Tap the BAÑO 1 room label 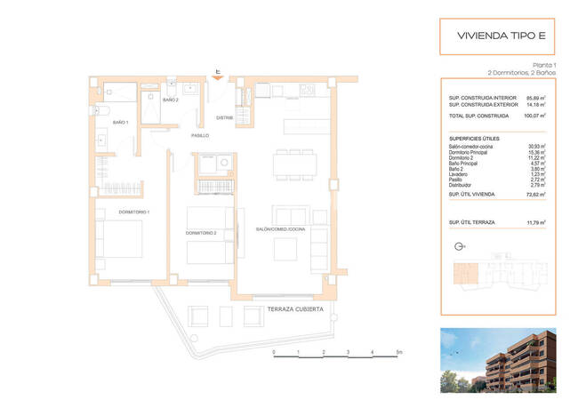tap(121, 122)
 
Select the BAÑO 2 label tap(171, 100)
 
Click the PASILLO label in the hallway tap(200, 135)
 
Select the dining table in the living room tap(291, 164)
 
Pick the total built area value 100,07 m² tap(534, 116)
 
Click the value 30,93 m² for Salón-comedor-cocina tap(535, 146)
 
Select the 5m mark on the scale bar tap(400, 352)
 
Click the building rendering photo tap(498, 360)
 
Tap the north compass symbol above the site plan tap(458, 248)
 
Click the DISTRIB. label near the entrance tap(225, 117)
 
